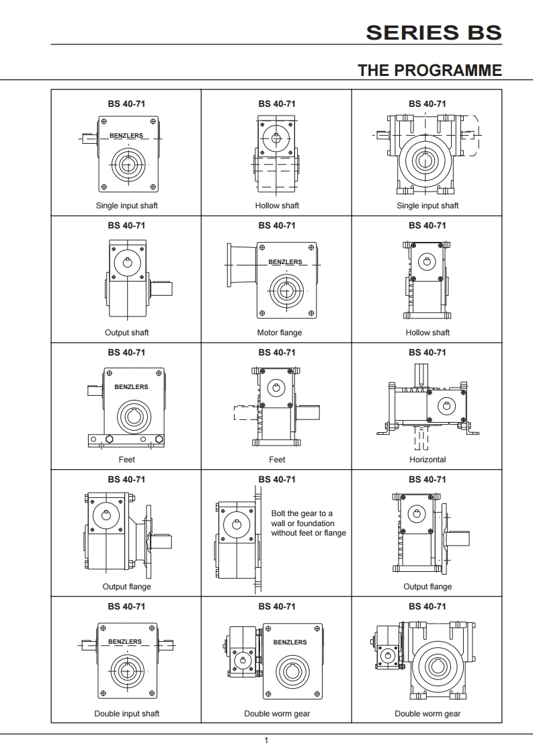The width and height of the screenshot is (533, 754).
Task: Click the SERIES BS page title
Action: [434, 32]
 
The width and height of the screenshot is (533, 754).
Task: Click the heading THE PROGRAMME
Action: [429, 70]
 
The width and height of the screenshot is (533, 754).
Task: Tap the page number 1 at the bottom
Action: [267, 741]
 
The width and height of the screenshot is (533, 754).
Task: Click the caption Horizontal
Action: [427, 460]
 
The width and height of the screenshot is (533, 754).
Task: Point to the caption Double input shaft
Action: [126, 714]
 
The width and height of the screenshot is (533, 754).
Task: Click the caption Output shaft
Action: [126, 333]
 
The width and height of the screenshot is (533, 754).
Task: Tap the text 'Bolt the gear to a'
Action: [302, 513]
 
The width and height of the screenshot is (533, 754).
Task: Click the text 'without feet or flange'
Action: [309, 533]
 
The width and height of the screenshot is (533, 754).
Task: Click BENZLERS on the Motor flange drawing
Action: [285, 262]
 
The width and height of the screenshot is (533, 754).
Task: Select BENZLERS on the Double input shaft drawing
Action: [125, 642]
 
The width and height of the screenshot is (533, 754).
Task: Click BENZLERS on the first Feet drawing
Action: [131, 387]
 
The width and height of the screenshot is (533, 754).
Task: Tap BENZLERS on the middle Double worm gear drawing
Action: [290, 642]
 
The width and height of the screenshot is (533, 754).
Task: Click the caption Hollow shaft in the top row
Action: [277, 206]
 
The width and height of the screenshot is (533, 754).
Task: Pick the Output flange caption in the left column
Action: [126, 587]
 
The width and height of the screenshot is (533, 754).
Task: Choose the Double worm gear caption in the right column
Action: [427, 714]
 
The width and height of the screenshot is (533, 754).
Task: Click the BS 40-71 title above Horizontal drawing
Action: [427, 352]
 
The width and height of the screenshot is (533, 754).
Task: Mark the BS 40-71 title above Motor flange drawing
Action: [277, 225]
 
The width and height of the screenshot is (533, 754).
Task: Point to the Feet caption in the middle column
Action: [277, 460]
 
